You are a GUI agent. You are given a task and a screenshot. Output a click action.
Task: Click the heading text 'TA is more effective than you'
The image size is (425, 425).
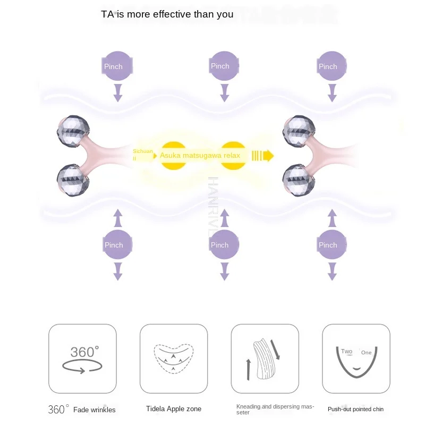click(x=167, y=14)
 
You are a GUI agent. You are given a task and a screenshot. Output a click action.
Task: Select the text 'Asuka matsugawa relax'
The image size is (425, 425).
click(x=200, y=156)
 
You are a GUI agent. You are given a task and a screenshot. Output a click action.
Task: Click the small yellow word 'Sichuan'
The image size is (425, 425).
click(x=142, y=151)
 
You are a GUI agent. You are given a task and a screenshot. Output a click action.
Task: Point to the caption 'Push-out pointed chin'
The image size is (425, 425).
click(x=355, y=409)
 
